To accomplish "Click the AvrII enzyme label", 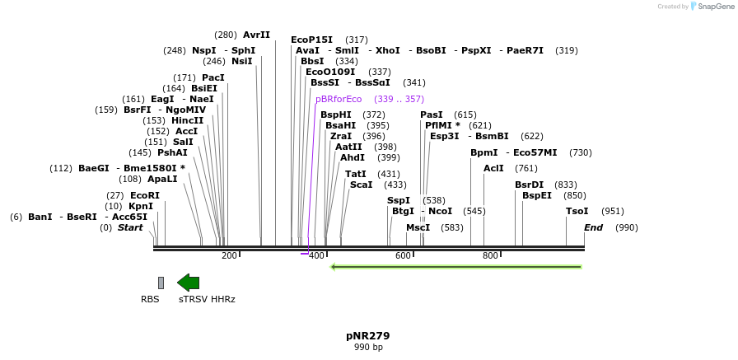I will pyautogui.click(x=256, y=35).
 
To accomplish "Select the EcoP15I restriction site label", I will pyautogui.click(x=311, y=40).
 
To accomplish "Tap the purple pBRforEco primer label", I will pyautogui.click(x=339, y=99).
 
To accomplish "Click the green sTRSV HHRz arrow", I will pyautogui.click(x=188, y=283).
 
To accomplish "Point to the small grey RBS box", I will pyautogui.click(x=161, y=283).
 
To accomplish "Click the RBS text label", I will pyautogui.click(x=150, y=300).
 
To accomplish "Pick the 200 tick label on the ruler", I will pyautogui.click(x=229, y=255).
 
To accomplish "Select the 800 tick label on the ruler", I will pyautogui.click(x=490, y=255).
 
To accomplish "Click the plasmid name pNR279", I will pyautogui.click(x=368, y=336).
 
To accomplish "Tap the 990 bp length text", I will pyautogui.click(x=368, y=348).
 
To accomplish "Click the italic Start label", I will pyautogui.click(x=130, y=227).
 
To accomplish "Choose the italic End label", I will pyautogui.click(x=594, y=227).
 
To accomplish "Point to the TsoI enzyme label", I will pyautogui.click(x=577, y=212).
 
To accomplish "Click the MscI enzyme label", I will pyautogui.click(x=418, y=227).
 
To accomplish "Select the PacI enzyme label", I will pyautogui.click(x=213, y=78).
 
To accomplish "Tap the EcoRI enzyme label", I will pyautogui.click(x=145, y=195).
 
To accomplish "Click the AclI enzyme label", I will pyautogui.click(x=493, y=168).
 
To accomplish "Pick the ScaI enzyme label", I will pyautogui.click(x=361, y=185).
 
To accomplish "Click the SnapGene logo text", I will pyautogui.click(x=716, y=7).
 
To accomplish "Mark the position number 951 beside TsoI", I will pyautogui.click(x=612, y=212).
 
